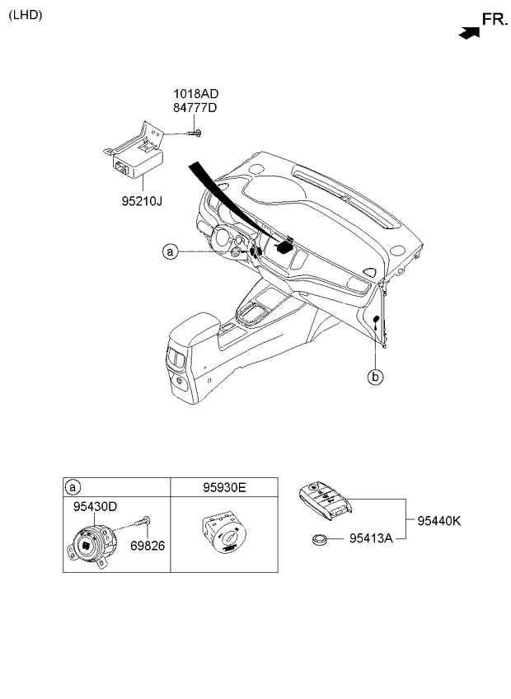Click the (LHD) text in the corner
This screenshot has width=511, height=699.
tap(26, 15)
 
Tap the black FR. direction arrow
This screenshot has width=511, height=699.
tap(469, 33)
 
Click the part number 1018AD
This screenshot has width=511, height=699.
tap(195, 94)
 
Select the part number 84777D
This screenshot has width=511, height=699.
tap(195, 108)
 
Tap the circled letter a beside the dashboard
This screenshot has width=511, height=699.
tap(170, 251)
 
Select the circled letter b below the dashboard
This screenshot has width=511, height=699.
tap(375, 377)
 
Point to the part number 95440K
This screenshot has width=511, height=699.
tap(438, 520)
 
